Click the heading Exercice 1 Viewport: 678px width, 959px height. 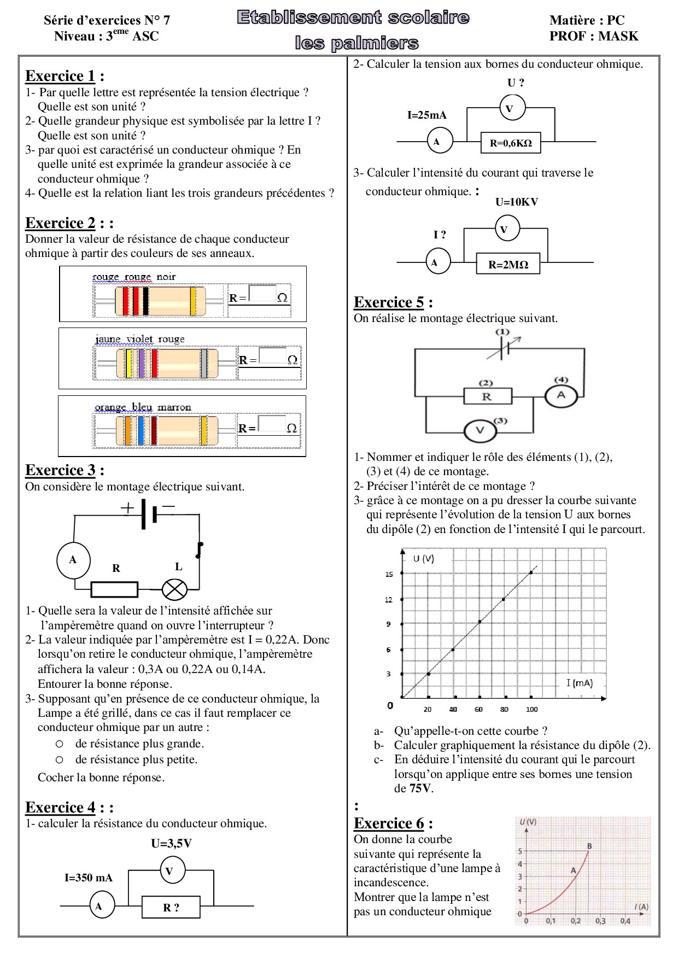[60, 76]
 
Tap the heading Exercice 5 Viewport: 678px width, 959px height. [389, 302]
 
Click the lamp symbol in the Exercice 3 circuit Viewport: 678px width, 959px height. [174, 589]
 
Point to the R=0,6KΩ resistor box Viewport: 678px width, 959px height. [511, 143]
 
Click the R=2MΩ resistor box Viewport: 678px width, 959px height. [508, 264]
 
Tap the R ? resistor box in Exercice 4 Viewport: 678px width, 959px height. [171, 907]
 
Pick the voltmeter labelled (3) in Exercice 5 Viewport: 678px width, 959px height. [480, 430]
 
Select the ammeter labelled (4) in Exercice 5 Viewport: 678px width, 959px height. [561, 395]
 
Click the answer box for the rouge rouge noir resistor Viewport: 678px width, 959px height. [262, 293]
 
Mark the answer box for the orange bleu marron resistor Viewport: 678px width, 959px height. [272, 424]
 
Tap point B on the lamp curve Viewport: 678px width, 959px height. [588, 851]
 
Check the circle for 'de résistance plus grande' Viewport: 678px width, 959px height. [60, 744]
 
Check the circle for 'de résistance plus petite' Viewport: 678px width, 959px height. [60, 760]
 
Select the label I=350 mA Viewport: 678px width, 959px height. [89, 878]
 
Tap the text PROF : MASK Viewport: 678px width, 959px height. [594, 37]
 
